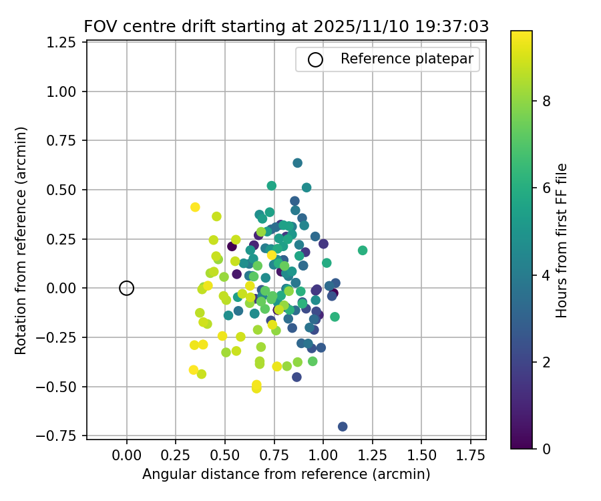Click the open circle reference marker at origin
coord(127,288)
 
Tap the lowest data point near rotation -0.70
coord(343,426)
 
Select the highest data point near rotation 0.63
coord(298,163)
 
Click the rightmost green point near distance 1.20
coord(363,251)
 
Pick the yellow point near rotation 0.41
coord(195,207)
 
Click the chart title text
coord(286,27)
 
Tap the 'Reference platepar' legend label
coord(407,59)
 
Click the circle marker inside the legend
coord(315,59)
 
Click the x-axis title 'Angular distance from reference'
coord(286,474)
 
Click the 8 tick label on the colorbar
coord(546,101)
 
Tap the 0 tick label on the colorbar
coord(546,448)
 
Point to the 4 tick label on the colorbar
coord(546,275)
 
